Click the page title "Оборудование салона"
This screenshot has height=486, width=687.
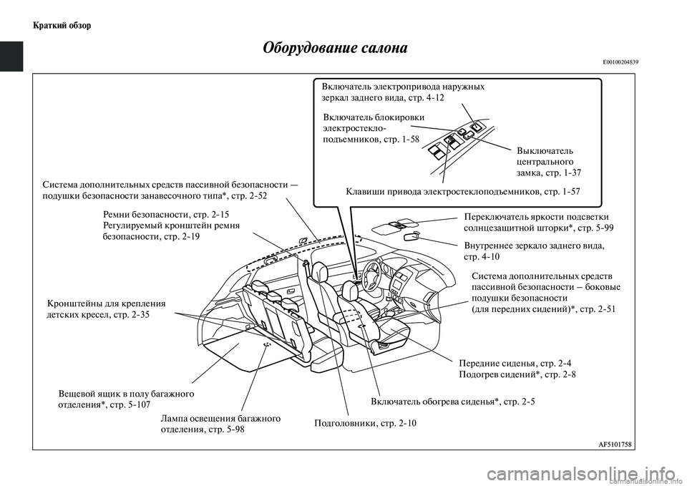pyautogui.click(x=335, y=49)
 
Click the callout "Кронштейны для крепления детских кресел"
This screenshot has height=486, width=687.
pyautogui.click(x=105, y=308)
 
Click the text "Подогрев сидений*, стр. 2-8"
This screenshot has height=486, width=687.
pyautogui.click(x=517, y=374)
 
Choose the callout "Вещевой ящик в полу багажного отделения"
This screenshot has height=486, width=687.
pyautogui.click(x=125, y=399)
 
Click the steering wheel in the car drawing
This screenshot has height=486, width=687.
pyautogui.click(x=372, y=271)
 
